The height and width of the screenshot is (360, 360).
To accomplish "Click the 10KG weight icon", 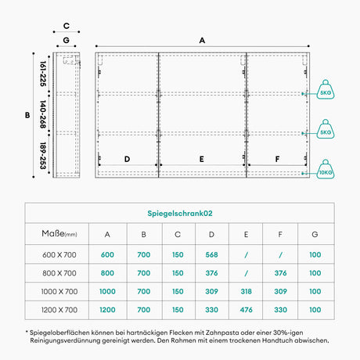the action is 326,170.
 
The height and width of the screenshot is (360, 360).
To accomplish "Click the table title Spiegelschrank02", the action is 180,214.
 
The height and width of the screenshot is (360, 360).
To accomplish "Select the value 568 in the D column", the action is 211,254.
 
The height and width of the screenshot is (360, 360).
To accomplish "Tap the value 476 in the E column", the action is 246,310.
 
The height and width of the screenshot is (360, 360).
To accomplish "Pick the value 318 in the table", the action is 246,291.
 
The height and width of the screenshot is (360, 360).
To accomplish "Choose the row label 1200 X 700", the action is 59,310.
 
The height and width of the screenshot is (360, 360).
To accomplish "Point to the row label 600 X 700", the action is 59,254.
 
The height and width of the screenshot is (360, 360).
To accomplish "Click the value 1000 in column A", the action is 107,291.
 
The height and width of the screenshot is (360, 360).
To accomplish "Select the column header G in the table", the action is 315,234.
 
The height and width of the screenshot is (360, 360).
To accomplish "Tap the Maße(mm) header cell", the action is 59,233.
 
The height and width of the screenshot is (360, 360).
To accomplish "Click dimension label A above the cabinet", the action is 202,41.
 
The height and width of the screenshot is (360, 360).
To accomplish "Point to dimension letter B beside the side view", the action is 27,115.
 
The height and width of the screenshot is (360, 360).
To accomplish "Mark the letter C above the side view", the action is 67,26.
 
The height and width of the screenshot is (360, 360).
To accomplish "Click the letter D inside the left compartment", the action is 127,159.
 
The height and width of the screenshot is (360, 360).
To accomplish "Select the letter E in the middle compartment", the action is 202,159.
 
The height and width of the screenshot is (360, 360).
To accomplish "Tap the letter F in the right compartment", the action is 277,159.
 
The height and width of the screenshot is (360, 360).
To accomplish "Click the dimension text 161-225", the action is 43,74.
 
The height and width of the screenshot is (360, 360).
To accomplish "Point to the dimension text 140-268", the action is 43,114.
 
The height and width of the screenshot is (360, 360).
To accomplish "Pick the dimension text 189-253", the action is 43,156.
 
